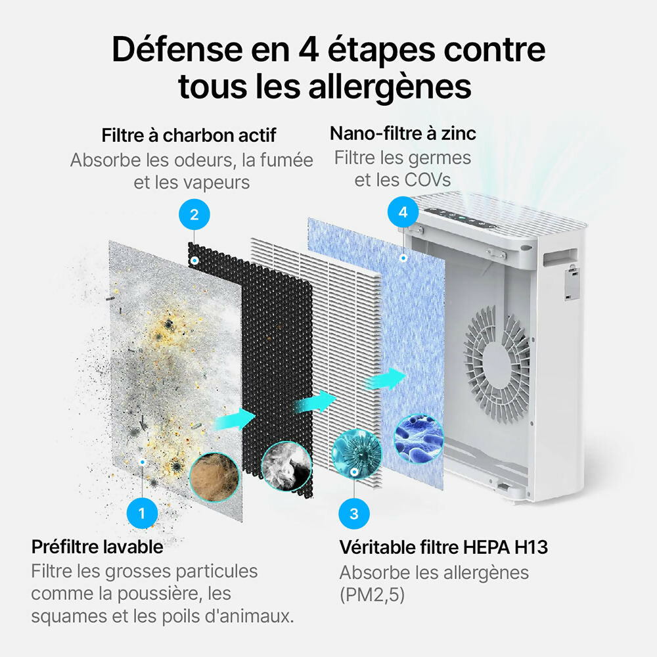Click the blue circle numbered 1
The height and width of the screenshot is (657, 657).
click(x=142, y=513)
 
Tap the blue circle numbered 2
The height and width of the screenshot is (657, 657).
click(x=194, y=215)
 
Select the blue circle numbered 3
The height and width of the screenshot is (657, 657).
click(x=354, y=514)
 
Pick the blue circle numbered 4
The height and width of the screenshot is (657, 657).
click(x=403, y=212)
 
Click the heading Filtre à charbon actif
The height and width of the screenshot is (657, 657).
click(x=189, y=135)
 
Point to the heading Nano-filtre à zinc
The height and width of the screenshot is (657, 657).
click(x=403, y=133)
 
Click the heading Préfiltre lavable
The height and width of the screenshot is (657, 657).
click(x=97, y=547)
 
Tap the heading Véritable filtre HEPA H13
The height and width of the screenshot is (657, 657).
click(x=443, y=547)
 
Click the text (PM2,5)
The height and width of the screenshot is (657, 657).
click(x=372, y=595)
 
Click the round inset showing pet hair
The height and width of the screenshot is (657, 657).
click(x=214, y=477)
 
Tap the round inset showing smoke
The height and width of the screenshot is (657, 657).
click(x=286, y=466)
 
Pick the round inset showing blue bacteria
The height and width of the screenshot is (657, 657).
click(x=419, y=439)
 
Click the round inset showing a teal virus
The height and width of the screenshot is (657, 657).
click(x=357, y=453)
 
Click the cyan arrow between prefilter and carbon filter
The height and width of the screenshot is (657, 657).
click(x=235, y=419)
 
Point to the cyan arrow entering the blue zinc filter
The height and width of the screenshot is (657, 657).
click(x=384, y=379)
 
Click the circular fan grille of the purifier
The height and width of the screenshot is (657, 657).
click(x=497, y=363)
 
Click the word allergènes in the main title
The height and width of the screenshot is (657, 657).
click(x=390, y=87)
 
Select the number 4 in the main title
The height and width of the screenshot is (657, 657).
click(x=309, y=49)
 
